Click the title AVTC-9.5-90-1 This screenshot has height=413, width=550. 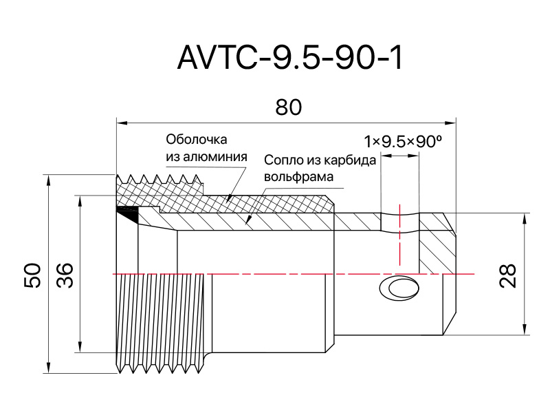click(x=290, y=58)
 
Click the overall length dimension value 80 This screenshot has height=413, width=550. click(x=288, y=107)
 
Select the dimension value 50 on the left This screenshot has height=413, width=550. click(x=32, y=275)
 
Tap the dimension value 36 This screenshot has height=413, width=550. click(x=65, y=275)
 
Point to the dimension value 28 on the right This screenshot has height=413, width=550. click(x=507, y=276)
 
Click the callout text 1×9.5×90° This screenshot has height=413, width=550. click(x=403, y=142)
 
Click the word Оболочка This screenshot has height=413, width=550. click(x=197, y=140)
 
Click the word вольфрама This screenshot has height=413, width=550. click(x=298, y=177)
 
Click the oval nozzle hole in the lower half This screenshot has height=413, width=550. click(x=399, y=288)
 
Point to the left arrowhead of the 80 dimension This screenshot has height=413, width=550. click(x=122, y=123)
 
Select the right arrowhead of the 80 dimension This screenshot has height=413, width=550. click(x=450, y=123)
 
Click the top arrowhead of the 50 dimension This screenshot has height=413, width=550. click(x=48, y=180)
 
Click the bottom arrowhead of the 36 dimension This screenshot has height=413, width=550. click(x=80, y=346)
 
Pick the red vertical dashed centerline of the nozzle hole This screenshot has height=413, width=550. click(x=399, y=235)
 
